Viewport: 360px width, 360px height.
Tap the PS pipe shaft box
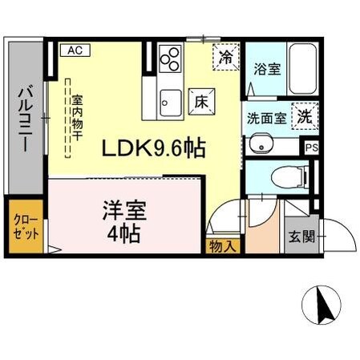point(311,148)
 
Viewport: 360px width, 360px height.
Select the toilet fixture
point(284,176)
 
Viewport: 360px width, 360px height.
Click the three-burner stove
point(170,59)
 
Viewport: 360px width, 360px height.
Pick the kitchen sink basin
point(170,101)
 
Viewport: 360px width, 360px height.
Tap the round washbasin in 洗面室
point(262,144)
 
